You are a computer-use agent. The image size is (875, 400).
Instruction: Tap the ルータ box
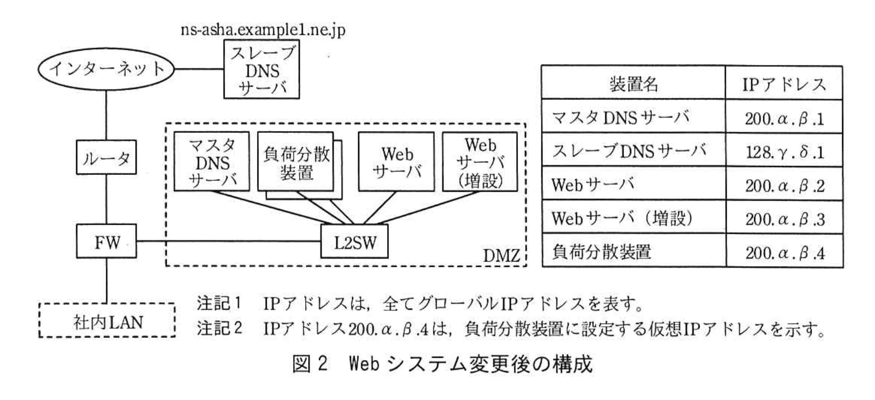tap(106, 158)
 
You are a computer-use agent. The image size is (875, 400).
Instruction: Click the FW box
tap(106, 241)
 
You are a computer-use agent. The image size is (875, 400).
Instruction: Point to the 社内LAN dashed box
tap(107, 321)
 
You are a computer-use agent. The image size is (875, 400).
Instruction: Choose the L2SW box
tap(355, 242)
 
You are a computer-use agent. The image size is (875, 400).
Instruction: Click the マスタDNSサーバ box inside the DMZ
tap(212, 162)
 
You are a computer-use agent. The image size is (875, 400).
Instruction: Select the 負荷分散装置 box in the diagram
tap(296, 162)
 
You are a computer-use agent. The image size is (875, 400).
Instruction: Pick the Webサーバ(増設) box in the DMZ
tap(480, 162)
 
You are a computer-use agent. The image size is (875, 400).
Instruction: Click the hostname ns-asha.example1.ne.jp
tap(262, 29)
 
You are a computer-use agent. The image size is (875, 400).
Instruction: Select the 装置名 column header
tap(633, 84)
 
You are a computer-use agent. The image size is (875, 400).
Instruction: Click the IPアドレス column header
tap(784, 84)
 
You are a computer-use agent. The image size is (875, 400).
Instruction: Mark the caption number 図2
tap(310, 363)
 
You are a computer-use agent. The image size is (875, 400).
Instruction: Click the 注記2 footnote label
tap(219, 328)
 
